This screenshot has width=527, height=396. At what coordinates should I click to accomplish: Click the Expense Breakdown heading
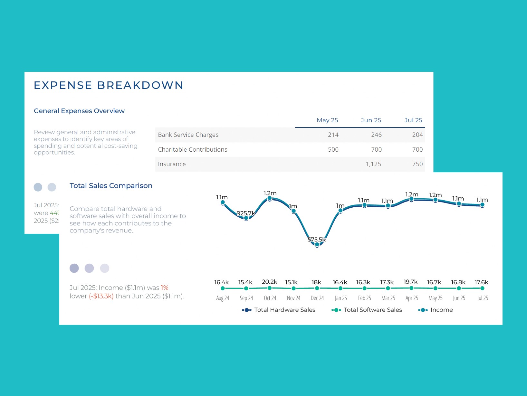pos(109,85)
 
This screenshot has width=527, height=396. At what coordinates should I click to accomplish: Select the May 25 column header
pos(327,120)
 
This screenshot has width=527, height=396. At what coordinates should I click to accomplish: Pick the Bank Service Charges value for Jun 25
pos(376,135)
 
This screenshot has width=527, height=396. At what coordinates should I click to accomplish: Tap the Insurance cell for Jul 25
pos(417,164)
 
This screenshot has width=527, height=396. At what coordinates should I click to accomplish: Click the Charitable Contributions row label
pos(192,150)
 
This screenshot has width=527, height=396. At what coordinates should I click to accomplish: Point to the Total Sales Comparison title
pos(111,186)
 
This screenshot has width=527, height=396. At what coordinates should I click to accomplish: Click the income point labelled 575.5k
pos(317,245)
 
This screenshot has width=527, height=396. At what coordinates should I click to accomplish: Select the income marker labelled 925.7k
pos(246,218)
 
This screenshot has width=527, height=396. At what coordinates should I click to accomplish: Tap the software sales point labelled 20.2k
pos(270,288)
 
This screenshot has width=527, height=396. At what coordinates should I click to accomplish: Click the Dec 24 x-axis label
pos(317,298)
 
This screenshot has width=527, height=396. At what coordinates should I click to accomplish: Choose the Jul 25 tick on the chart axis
pos(482,298)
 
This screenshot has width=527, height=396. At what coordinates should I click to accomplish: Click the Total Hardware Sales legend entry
pos(279,310)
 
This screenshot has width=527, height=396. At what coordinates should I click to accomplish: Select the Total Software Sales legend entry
pos(367,310)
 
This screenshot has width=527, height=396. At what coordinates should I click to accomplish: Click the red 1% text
pos(165,288)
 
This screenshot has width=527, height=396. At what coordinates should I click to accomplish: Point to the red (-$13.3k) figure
pos(101,296)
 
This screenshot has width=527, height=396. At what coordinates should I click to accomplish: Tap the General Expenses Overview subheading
pos(79,111)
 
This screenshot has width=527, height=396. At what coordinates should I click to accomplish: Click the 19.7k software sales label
pos(410,282)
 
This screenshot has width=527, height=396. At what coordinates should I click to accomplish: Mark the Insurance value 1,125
pos(373,164)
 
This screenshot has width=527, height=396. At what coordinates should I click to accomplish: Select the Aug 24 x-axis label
pos(223,298)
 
